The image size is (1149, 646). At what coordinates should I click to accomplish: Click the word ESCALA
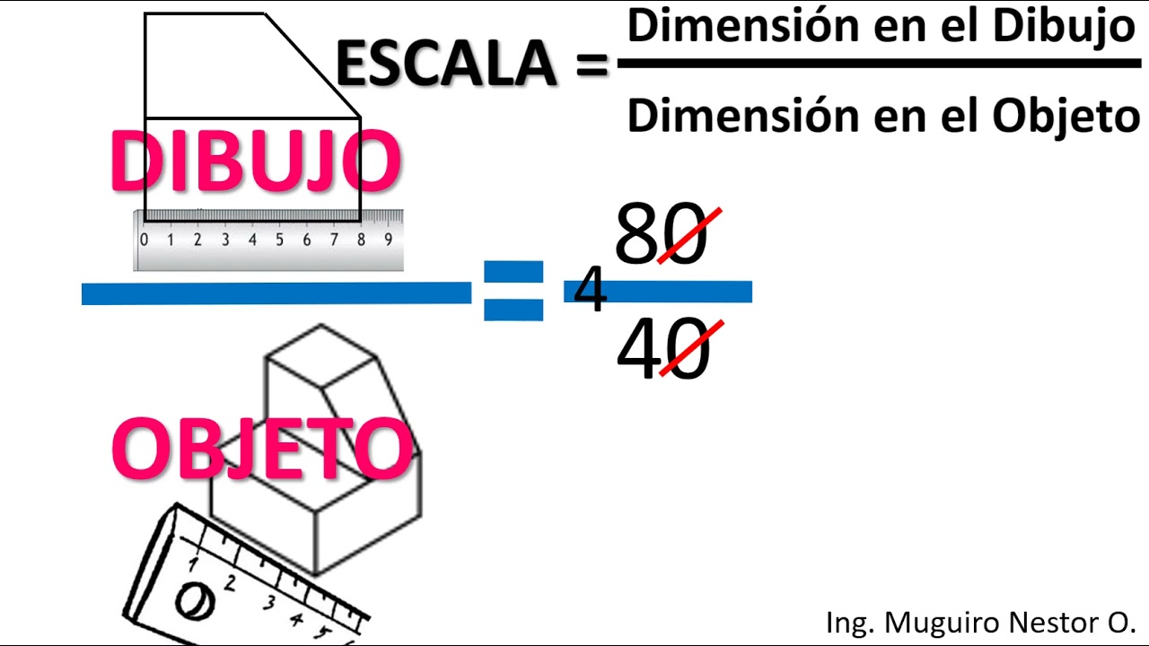point(446,64)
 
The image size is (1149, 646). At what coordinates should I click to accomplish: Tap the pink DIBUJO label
point(255,162)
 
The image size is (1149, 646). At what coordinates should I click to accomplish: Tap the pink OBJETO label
point(261,449)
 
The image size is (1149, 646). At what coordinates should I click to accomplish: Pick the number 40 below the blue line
point(662,351)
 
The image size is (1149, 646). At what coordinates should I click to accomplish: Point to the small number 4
point(590,291)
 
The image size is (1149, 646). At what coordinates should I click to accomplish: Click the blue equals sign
point(513,291)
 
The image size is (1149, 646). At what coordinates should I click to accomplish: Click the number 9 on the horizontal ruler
point(388,240)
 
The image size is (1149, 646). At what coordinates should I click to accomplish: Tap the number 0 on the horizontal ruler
point(144,240)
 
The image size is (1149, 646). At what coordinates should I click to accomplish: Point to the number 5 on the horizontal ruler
point(279,240)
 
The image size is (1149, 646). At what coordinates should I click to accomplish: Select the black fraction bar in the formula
point(879,64)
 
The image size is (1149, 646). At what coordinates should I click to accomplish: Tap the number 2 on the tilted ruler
point(230,583)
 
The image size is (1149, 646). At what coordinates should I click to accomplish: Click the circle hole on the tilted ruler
point(193,600)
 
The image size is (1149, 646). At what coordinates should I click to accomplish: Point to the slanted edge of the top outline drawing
point(312,65)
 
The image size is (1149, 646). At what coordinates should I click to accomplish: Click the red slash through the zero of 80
point(689,235)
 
